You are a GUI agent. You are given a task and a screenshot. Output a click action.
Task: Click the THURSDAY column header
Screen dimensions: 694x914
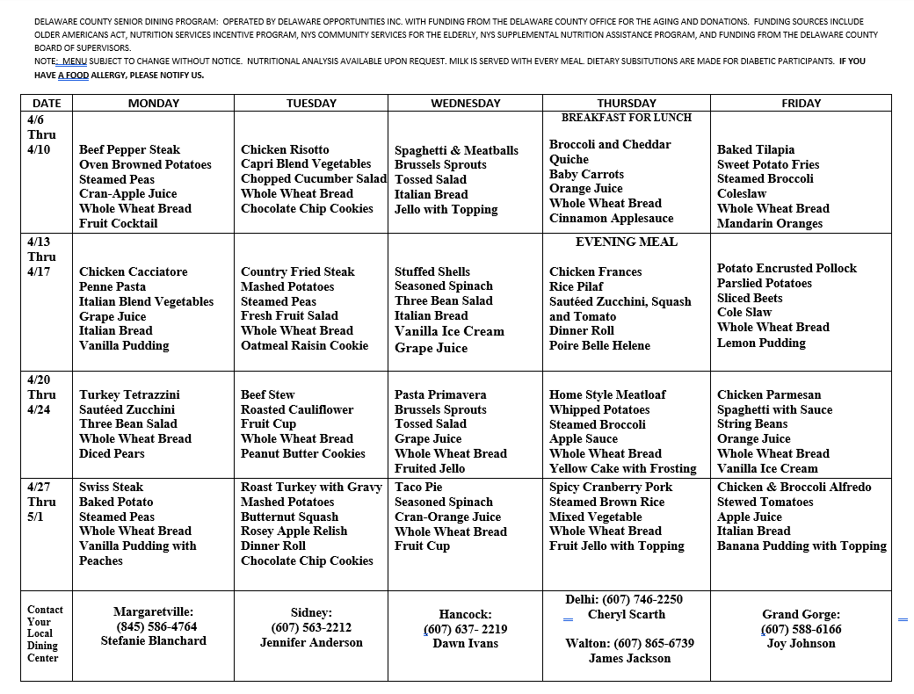pyautogui.click(x=626, y=103)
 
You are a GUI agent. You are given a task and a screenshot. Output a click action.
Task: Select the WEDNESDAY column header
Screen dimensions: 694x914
pyautogui.click(x=465, y=103)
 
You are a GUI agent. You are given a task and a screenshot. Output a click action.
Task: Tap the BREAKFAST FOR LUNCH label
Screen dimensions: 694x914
pyautogui.click(x=626, y=118)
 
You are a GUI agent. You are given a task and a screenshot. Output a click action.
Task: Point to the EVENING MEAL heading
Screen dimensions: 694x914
pyautogui.click(x=626, y=242)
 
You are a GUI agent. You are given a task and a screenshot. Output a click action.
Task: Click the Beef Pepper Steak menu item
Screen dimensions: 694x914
pyautogui.click(x=129, y=149)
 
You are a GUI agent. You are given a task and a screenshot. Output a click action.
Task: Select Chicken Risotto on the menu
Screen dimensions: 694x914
pyautogui.click(x=285, y=149)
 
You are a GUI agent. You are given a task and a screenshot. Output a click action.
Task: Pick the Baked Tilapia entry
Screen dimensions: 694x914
pyautogui.click(x=755, y=149)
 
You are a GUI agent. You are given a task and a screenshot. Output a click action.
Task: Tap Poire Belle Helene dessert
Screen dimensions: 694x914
pyautogui.click(x=599, y=346)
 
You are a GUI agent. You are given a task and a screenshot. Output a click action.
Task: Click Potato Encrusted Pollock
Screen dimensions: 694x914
pyautogui.click(x=787, y=268)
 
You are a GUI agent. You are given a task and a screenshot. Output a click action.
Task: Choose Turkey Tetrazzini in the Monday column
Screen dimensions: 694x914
pyautogui.click(x=129, y=394)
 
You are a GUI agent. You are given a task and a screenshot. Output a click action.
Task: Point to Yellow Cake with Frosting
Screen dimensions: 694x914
pyautogui.click(x=622, y=468)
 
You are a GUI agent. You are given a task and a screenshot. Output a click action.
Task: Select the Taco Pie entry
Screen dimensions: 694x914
pyautogui.click(x=418, y=487)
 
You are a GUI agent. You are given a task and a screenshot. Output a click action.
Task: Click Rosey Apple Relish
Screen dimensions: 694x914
pyautogui.click(x=294, y=531)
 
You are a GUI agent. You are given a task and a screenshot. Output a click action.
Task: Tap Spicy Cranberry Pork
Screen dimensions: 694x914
pyautogui.click(x=611, y=487)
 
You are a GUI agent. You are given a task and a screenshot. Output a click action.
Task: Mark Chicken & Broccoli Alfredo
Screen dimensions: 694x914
pyautogui.click(x=794, y=487)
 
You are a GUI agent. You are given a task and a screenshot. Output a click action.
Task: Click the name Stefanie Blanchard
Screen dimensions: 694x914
pyautogui.click(x=154, y=640)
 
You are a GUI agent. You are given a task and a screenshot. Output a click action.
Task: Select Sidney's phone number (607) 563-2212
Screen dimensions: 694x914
pyautogui.click(x=311, y=627)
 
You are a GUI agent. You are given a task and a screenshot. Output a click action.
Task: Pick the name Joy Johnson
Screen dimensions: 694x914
pyautogui.click(x=801, y=643)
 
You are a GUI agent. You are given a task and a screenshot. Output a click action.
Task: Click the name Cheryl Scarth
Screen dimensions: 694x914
pyautogui.click(x=626, y=614)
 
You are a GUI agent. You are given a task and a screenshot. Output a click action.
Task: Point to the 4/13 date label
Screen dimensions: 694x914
pyautogui.click(x=40, y=242)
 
